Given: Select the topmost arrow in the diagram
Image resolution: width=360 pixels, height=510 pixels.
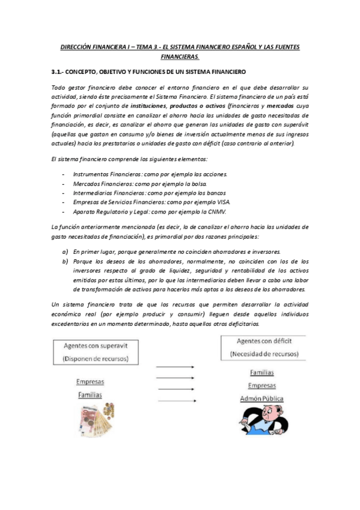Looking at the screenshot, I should (x=175, y=366).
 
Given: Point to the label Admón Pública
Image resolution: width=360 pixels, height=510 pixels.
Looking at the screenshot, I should (x=261, y=399).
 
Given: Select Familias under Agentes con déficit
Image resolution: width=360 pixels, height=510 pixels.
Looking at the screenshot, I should (x=261, y=372).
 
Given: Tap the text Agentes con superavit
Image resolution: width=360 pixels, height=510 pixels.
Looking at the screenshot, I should (x=96, y=345).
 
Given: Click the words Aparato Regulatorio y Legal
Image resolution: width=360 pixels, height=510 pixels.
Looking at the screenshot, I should (x=111, y=212).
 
